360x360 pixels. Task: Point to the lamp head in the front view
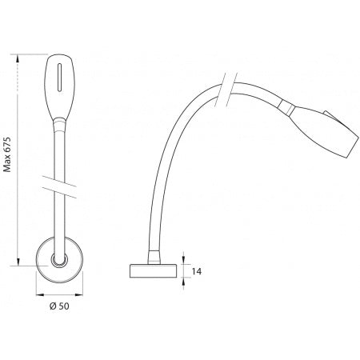pyautogui.click(x=62, y=86)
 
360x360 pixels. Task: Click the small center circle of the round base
pyautogui.click(x=58, y=262)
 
